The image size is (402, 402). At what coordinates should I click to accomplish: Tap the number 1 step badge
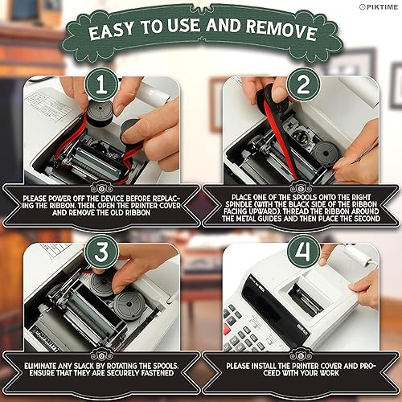101,85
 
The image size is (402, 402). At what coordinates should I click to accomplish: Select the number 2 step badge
303,84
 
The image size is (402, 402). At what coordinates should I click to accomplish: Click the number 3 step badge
101,252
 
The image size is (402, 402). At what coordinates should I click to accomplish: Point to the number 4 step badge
303,252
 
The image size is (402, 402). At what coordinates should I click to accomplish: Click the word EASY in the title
111,31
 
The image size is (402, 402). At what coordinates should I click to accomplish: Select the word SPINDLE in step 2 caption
239,204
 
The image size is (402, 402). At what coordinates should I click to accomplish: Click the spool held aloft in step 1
100,113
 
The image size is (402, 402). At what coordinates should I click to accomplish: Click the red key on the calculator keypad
228,329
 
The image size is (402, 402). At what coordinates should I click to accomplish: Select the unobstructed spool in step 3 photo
129,306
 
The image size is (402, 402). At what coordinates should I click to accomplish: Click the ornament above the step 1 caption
101,189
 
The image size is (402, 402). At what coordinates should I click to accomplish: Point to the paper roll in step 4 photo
358,254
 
